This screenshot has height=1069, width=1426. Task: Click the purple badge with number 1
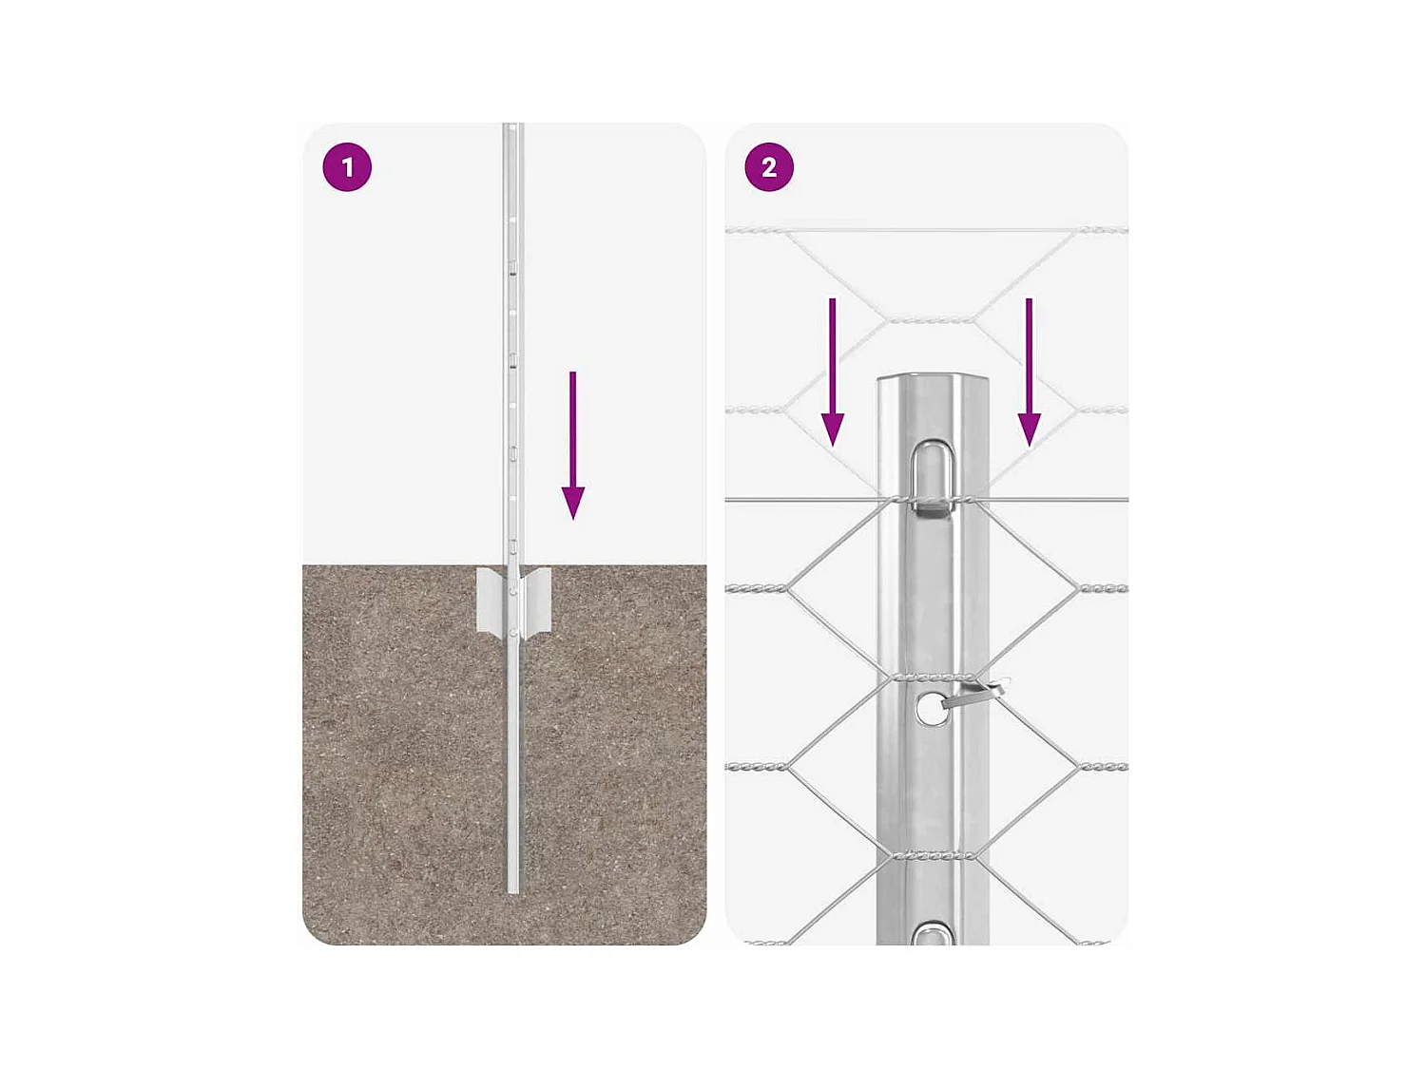347,167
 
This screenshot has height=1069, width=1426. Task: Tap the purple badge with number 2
769,167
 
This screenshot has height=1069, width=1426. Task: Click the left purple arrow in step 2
833,371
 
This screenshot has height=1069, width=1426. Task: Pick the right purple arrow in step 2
1030,371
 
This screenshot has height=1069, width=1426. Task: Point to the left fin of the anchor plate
491,601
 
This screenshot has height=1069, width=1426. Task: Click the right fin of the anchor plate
537,601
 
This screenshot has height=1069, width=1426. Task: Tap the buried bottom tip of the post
513,888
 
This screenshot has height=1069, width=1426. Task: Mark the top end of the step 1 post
513,127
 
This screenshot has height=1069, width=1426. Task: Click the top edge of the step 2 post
933,378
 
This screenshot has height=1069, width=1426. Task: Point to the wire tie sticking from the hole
974,695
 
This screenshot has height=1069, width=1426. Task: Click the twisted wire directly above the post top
931,321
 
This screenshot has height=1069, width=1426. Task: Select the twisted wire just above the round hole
933,678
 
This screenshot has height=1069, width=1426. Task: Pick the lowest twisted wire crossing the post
933,855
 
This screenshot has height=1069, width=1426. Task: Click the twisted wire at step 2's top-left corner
756,231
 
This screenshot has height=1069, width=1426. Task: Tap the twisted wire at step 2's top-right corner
1103,230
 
